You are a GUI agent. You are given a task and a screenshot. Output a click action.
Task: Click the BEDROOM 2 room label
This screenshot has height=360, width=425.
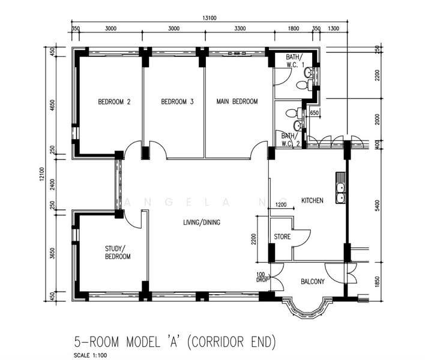coord(114,102)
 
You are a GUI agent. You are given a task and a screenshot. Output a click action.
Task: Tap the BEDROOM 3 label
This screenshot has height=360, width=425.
coord(177,102)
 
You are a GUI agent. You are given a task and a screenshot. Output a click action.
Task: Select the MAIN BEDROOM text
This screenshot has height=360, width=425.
coord(237,101)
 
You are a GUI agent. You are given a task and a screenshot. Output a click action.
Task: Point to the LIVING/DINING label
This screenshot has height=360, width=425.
coord(202,223)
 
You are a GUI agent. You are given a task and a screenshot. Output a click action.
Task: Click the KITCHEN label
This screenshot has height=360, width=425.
coord(312,200)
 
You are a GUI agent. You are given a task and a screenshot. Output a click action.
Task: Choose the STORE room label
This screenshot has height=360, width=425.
coord(282,237)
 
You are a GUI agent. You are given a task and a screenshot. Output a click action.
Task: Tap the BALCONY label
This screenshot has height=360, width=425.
coord(313,282)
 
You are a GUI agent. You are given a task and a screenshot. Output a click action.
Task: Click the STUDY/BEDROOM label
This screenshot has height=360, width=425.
coord(118,253)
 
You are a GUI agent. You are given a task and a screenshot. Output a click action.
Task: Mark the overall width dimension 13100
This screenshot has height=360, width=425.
coord(209,18)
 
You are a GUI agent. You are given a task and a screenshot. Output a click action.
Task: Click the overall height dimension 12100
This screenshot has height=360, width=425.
coord(41,174)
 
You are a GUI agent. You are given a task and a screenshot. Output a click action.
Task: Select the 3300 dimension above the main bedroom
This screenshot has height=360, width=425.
coord(240,28)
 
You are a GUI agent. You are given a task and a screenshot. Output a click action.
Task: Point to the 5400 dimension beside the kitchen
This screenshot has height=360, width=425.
coord(378,206)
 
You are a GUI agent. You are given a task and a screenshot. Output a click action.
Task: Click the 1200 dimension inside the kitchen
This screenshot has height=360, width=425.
coord(281,205)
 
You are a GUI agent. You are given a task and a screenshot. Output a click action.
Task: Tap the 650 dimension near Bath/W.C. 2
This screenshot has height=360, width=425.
coord(314,113)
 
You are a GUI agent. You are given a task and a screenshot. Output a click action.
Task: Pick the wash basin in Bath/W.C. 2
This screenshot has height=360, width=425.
coord(298,125)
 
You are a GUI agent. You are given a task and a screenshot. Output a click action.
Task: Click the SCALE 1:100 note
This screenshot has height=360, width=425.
coord(90,355)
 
